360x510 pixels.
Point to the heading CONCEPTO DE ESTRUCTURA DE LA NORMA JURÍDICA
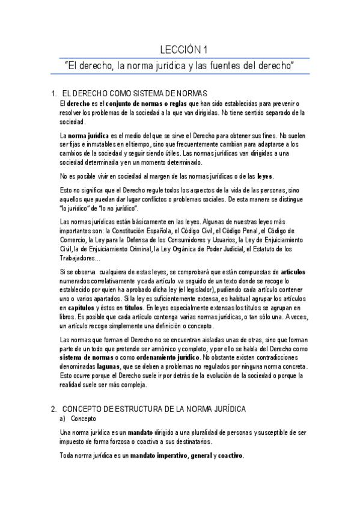[x=154, y=409]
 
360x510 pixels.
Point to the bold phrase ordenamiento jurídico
[x=159, y=357]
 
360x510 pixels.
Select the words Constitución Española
[x=145, y=230]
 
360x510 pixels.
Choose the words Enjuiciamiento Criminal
[x=115, y=248]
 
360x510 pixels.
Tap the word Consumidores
[x=181, y=239]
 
